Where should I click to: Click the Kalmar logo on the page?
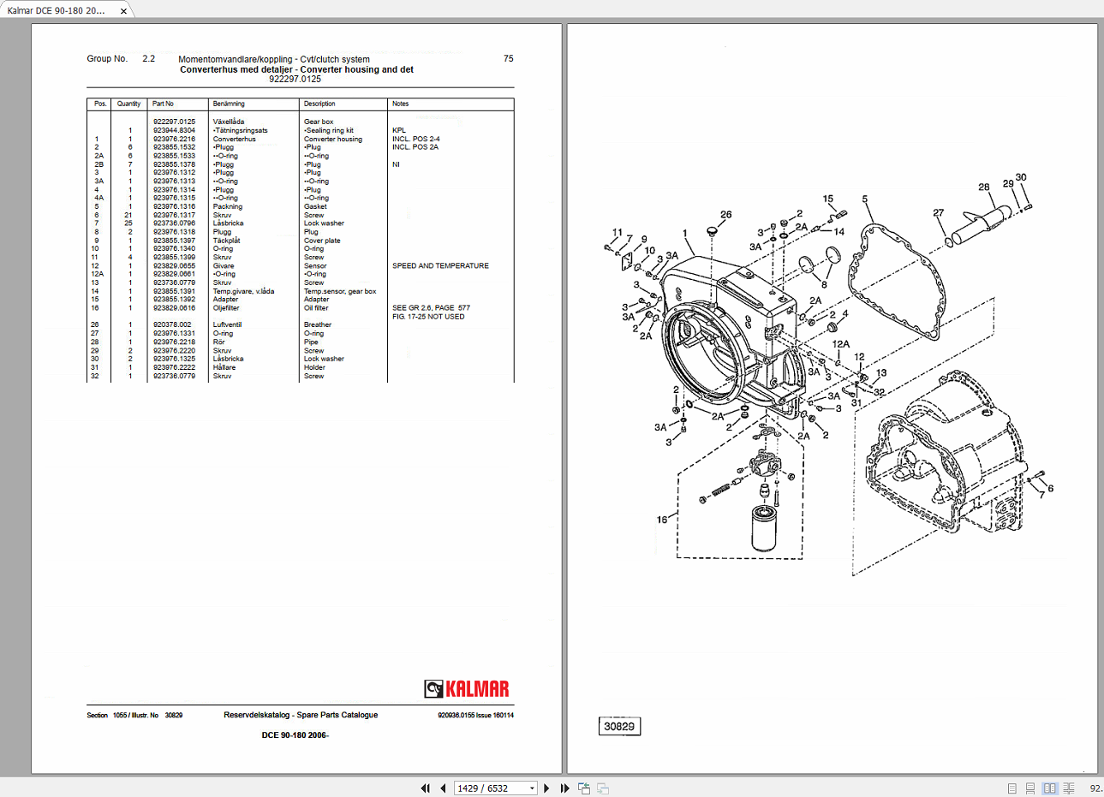[467, 689]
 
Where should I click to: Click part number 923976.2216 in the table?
[174, 139]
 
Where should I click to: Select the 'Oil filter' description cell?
[316, 308]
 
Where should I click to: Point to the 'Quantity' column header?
[128, 104]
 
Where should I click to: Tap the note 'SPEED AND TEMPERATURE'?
[440, 266]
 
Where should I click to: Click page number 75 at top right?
[508, 59]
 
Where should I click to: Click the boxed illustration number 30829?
[619, 727]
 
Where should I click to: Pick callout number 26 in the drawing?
[725, 215]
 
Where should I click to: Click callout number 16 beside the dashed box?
[662, 520]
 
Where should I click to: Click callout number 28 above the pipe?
[983, 187]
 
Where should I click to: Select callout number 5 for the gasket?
[864, 199]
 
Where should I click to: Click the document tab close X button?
[123, 11]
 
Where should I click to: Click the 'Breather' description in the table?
[318, 325]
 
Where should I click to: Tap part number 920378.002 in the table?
[172, 325]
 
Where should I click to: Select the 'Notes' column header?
[400, 104]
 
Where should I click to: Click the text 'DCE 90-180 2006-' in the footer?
[295, 735]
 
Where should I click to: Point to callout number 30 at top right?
[1021, 178]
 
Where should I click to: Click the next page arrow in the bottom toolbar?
[546, 788]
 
